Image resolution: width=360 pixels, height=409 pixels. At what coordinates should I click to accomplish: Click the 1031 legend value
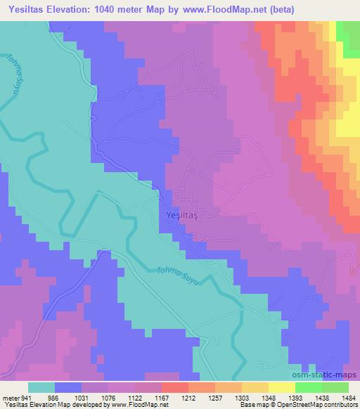coord(81,398)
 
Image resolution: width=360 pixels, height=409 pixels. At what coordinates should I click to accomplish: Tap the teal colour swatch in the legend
coord(42,387)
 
